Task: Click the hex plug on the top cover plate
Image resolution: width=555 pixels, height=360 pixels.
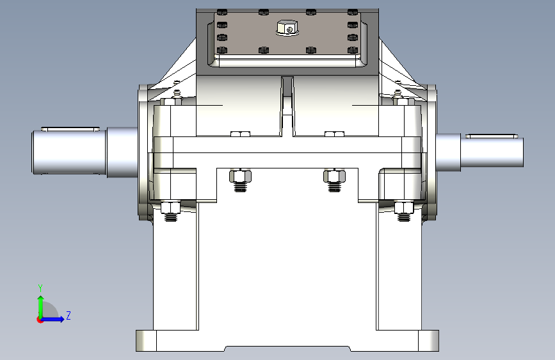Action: coord(287,28)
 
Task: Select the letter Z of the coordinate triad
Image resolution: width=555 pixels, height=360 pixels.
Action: coord(68,315)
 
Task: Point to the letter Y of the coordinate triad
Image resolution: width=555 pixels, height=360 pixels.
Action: coord(40,288)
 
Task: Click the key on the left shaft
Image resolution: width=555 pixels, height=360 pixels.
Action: coord(70,129)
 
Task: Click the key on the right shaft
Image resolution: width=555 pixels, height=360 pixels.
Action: coord(492,136)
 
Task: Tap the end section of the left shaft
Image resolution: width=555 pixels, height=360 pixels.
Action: coord(69,152)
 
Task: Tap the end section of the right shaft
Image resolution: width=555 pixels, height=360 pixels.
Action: coord(492,152)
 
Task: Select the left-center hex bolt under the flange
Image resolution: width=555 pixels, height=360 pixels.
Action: coord(240,181)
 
